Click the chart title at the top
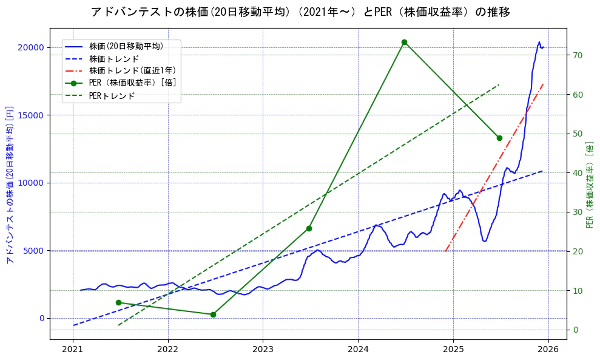(300, 12)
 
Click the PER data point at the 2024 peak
(404, 42)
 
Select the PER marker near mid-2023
(309, 228)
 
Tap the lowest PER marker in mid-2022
(213, 314)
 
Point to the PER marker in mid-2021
(118, 302)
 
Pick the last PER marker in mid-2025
(499, 138)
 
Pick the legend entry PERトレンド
(112, 96)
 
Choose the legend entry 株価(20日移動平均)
(126, 46)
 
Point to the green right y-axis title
(590, 185)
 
